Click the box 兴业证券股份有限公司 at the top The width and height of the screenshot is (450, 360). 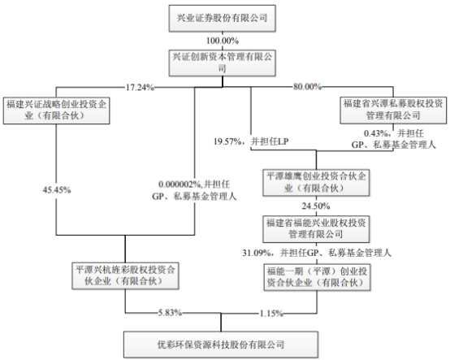222,18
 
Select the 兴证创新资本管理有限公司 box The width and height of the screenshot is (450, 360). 222,63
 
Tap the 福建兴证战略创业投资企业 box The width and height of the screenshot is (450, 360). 56,111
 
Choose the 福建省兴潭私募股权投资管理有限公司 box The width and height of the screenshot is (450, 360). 393,111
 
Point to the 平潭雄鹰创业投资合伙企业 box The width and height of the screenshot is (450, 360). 316,183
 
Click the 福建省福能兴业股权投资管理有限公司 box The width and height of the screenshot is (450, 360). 316,229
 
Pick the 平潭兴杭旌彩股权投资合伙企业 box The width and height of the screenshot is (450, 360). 125,275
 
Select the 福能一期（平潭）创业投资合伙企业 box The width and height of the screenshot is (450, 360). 317,277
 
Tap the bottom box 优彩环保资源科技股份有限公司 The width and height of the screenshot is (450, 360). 221,345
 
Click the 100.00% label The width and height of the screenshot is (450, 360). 223,41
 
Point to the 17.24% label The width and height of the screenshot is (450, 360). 140,87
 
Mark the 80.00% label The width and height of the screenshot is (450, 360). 307,86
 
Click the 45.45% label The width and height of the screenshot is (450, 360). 57,190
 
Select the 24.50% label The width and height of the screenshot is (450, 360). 316,206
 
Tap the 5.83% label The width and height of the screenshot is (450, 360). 171,313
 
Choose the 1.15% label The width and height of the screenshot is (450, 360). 271,314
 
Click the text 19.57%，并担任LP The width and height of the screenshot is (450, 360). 251,141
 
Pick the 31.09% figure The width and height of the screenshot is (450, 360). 257,253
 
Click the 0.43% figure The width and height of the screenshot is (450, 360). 376,133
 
